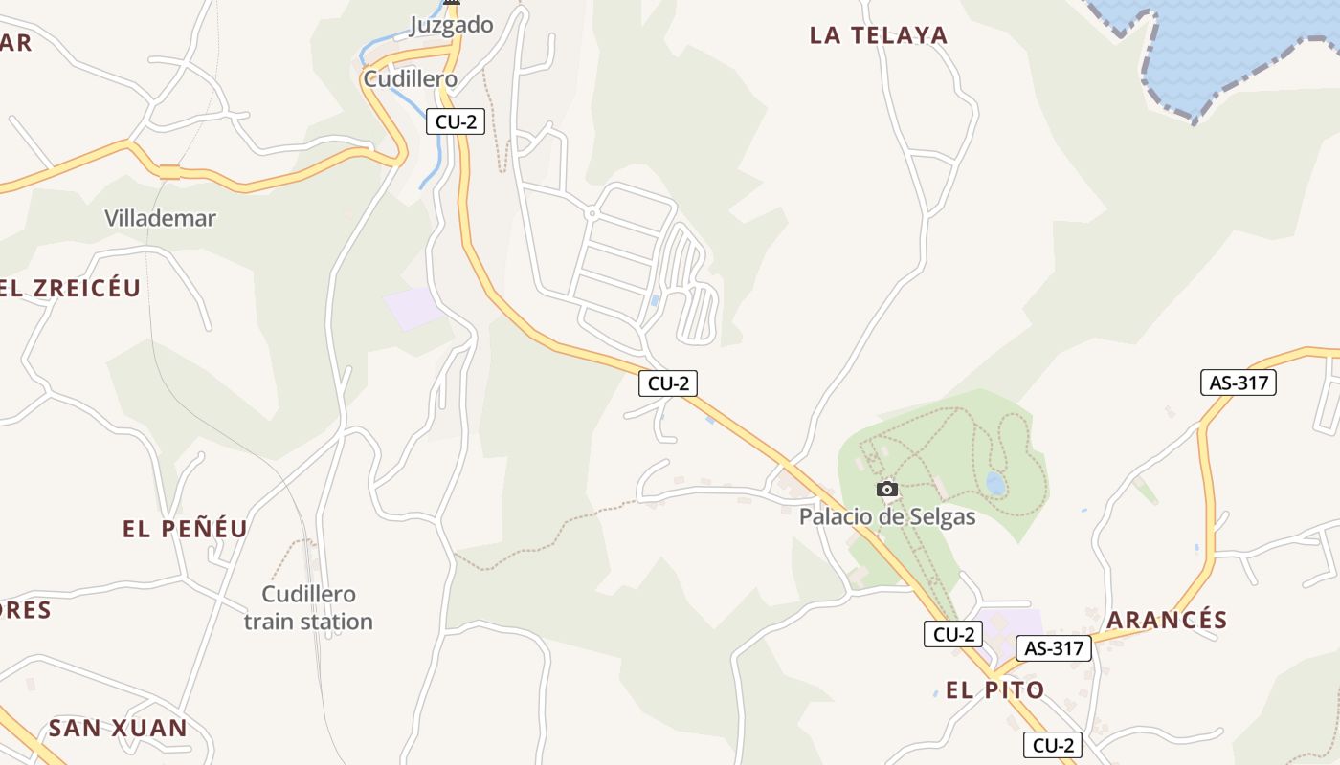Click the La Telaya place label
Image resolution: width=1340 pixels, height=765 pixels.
point(878,35)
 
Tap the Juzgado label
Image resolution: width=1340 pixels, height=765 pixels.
point(451,25)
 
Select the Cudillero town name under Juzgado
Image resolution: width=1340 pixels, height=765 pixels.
point(410,78)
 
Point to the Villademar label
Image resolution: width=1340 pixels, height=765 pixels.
point(160,218)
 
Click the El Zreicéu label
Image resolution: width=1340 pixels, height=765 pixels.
point(70,288)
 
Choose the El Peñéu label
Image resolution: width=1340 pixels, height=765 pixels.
point(185,528)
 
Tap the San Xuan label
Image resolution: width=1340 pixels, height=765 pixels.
point(118,728)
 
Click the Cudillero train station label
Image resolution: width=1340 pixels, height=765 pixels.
point(308,608)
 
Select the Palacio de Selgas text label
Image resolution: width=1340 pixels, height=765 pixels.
point(887,517)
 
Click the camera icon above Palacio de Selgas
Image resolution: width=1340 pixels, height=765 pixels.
point(887,490)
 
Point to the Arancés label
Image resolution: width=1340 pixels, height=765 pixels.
point(1167,620)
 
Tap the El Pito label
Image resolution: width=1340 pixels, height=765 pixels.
point(994,689)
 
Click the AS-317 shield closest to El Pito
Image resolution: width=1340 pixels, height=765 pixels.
point(1054,648)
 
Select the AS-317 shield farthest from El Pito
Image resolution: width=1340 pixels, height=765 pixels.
point(1239,383)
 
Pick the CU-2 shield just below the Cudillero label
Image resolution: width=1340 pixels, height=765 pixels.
point(456,121)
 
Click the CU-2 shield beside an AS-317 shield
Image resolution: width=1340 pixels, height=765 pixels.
point(953,634)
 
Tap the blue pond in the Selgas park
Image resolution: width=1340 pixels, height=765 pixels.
point(995,483)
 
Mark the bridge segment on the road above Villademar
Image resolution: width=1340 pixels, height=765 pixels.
point(169,172)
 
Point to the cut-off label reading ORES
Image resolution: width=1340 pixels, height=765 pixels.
point(25,610)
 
